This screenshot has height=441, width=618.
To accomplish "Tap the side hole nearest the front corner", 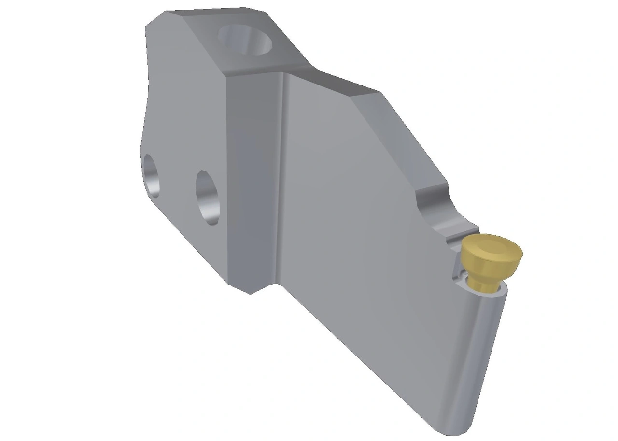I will pyautogui.click(x=209, y=197).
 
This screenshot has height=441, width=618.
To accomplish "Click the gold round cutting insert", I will pyautogui.click(x=491, y=261).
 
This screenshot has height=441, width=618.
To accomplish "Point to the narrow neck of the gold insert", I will pyautogui.click(x=484, y=283).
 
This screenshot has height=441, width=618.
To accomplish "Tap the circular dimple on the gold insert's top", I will pyautogui.click(x=493, y=247).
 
